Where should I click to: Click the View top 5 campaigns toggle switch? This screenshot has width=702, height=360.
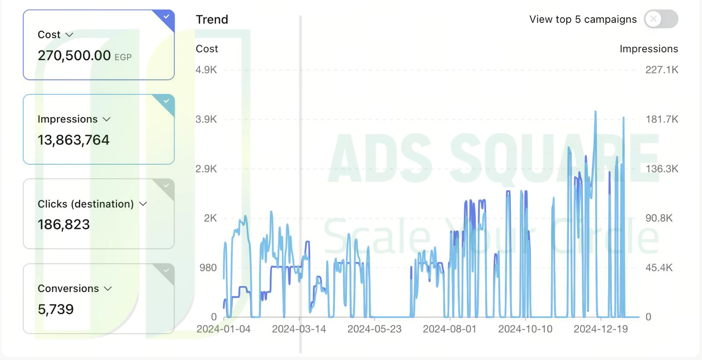coord(661,19)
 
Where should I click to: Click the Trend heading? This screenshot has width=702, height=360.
coord(212,19)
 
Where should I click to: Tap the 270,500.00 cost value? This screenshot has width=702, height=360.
coord(74,55)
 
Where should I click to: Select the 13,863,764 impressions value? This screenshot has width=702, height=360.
coord(73,140)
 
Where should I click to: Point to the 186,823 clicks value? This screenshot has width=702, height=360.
coord(64,224)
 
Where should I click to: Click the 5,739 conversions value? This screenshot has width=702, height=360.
coord(56,309)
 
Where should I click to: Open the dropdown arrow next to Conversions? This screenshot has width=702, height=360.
coord(108,288)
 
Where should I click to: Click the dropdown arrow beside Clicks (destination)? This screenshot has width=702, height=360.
coord(143,204)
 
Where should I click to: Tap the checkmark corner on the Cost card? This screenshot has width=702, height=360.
coord(166,17)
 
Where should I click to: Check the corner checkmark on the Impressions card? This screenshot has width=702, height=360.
coord(166,101)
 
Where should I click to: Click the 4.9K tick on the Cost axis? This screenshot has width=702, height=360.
coord(206,70)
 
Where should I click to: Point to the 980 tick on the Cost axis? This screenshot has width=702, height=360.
coord(208,267)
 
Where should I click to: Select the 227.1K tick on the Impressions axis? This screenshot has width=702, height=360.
coord(662,70)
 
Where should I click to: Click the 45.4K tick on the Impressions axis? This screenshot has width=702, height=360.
coord(659,267)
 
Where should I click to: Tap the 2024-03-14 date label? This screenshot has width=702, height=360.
coord(299,329)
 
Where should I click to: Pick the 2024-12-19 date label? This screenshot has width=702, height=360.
coord(601,329)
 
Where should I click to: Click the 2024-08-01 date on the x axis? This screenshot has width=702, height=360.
coord(450,329)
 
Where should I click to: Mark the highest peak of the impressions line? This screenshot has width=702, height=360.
coord(595,112)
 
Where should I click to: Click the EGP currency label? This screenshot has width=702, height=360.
coord(123,57)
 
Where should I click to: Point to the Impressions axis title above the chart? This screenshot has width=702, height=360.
coord(649,49)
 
